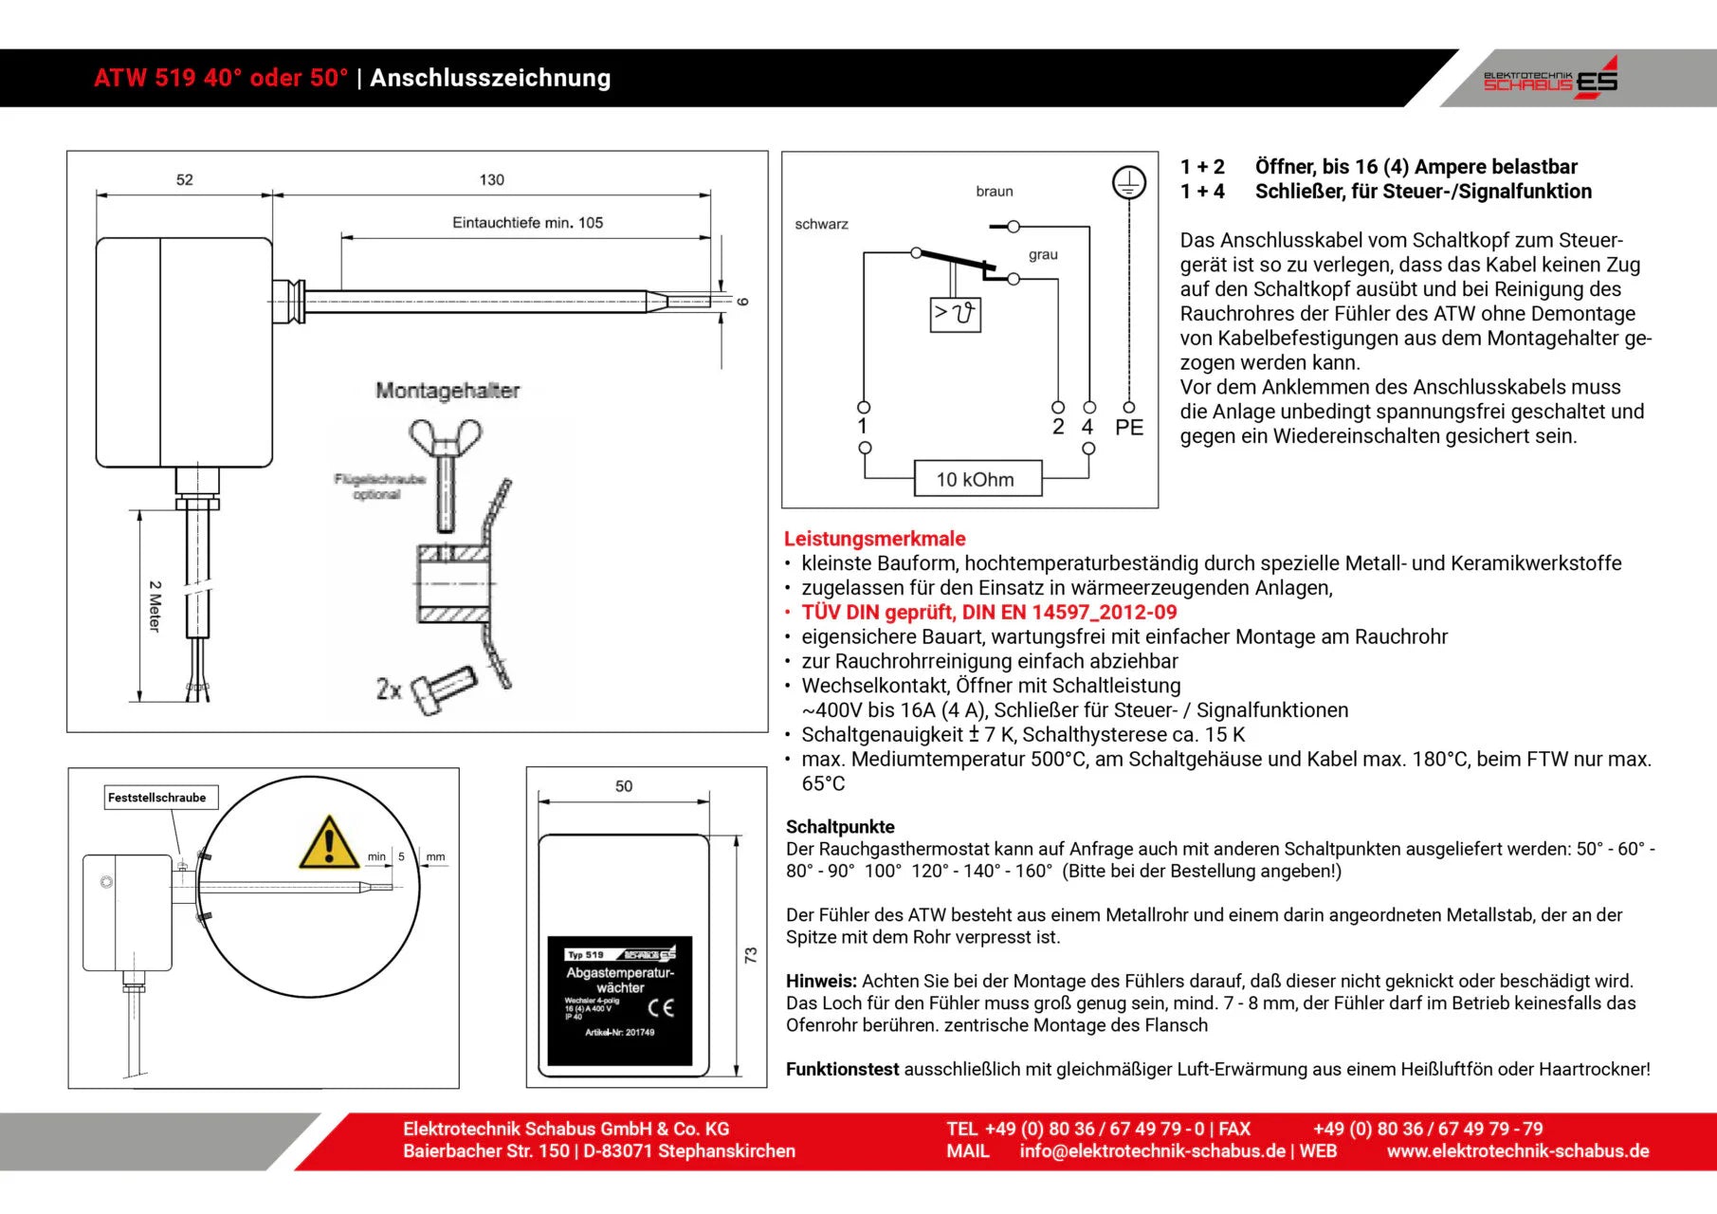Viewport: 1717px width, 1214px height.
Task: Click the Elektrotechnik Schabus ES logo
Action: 1550,79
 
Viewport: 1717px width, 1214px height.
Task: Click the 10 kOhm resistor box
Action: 977,479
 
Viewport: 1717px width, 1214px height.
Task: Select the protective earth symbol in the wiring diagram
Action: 1128,182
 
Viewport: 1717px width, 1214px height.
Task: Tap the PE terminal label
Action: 1128,428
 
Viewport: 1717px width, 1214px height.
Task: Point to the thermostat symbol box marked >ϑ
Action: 955,314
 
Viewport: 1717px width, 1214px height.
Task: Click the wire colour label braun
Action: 994,192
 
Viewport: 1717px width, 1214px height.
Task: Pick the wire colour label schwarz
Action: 821,225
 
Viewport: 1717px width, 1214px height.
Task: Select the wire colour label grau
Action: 1043,255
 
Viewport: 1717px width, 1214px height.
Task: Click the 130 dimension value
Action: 491,180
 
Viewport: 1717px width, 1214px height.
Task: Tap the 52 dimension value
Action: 184,180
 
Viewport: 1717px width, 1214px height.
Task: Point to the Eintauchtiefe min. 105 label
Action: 527,223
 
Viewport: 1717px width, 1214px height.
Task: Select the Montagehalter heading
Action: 448,391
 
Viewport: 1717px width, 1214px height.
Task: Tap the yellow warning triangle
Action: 328,843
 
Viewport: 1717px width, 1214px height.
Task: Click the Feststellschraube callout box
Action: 157,798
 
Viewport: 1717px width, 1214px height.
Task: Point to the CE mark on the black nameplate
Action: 661,1007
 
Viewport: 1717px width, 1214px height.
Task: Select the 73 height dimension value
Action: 751,955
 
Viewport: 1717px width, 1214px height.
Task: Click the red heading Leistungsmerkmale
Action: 874,539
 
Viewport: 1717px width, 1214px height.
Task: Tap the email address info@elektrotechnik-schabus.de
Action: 1152,1151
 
